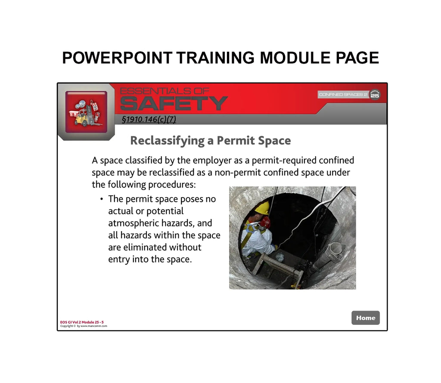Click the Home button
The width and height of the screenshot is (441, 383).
click(366, 318)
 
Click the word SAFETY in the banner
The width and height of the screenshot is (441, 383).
click(174, 104)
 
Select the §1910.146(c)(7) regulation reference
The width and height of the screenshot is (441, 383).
click(149, 120)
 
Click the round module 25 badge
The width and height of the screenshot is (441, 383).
click(375, 95)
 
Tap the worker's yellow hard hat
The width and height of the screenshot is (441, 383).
click(262, 208)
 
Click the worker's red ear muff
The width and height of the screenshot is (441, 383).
click(265, 222)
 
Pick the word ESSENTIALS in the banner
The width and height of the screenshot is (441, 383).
click(165, 91)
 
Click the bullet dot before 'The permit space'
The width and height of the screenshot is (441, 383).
click(101, 199)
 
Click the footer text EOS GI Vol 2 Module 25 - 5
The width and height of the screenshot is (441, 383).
click(82, 322)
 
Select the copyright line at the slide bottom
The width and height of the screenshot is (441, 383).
click(84, 326)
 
